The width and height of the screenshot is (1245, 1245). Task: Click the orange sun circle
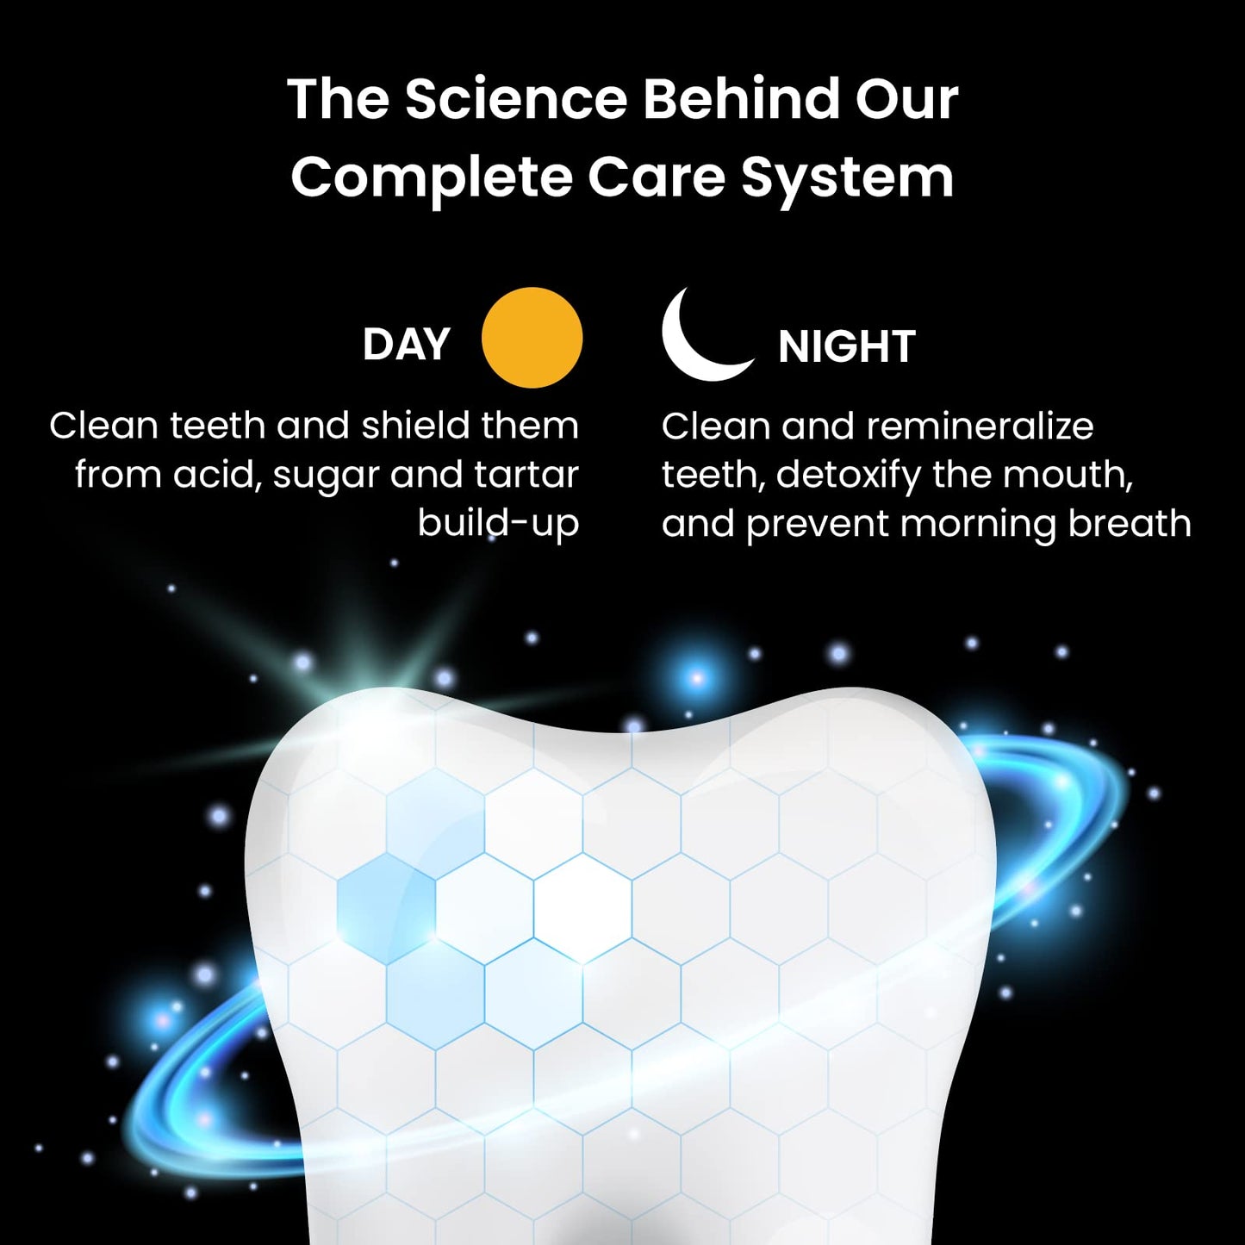[x=532, y=338]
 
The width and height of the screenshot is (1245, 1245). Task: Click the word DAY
[x=406, y=345]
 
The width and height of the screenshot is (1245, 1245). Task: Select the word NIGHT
[x=846, y=346]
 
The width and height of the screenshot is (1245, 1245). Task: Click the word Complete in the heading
[x=432, y=177]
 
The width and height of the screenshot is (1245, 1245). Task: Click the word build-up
[x=498, y=523]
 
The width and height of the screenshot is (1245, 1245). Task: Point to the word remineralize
[x=980, y=426]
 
